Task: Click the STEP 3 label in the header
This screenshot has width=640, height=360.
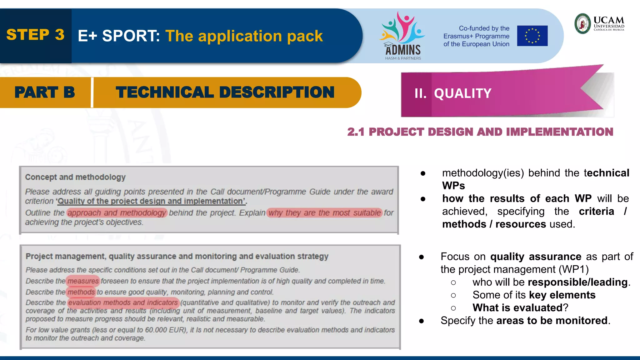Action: click(x=35, y=35)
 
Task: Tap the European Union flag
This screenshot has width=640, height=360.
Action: click(x=532, y=36)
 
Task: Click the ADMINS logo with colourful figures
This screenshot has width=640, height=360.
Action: click(x=402, y=36)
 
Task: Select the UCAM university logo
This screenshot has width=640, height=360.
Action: click(x=599, y=23)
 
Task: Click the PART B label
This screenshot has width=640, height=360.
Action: click(x=45, y=92)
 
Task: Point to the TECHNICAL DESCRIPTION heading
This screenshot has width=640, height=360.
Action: click(x=225, y=92)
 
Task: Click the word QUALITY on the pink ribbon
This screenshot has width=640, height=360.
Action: click(x=462, y=93)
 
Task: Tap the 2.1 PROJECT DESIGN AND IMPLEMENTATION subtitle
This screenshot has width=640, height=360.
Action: click(x=480, y=132)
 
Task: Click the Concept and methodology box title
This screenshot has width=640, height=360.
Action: click(x=75, y=177)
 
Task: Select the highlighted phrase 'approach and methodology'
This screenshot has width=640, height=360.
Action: click(x=117, y=213)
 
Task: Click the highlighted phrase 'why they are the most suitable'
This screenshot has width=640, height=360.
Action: click(x=325, y=213)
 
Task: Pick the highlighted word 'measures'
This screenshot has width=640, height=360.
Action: click(x=83, y=281)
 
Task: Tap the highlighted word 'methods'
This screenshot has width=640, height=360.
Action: click(x=81, y=292)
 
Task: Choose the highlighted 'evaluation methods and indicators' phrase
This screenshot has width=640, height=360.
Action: click(x=123, y=302)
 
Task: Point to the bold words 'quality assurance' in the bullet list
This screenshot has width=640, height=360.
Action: click(x=536, y=257)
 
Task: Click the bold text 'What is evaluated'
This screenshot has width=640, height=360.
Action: click(x=517, y=308)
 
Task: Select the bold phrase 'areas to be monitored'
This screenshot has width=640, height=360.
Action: click(x=552, y=321)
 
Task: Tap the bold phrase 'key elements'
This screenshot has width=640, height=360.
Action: click(x=562, y=295)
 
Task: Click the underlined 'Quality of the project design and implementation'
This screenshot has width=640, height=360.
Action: click(x=151, y=201)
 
